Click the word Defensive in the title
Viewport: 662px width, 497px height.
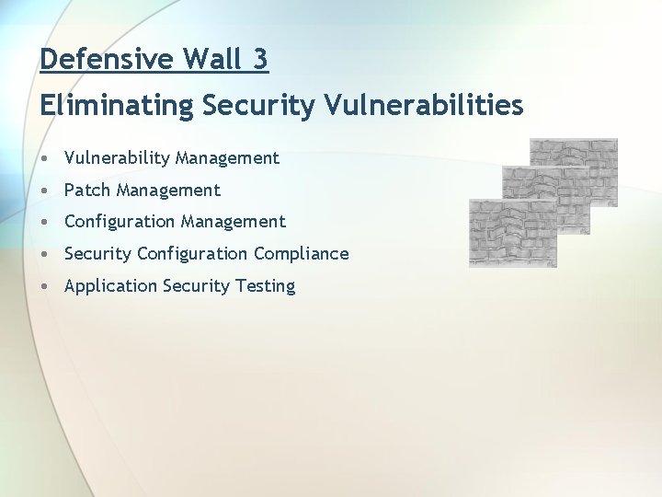coord(107,60)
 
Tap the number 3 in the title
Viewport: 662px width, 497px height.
coord(260,60)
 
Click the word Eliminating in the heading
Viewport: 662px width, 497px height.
coord(117,106)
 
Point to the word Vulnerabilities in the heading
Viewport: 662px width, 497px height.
coord(424,106)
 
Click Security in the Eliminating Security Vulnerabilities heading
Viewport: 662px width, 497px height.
coord(258,106)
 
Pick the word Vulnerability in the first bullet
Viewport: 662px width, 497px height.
coord(117,158)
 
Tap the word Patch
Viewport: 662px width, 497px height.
coord(87,191)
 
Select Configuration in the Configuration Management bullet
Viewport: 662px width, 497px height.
coord(120,222)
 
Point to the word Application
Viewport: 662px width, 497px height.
coord(110,286)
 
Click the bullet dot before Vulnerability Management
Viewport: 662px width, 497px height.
coord(45,158)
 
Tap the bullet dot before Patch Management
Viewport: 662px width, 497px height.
coord(45,191)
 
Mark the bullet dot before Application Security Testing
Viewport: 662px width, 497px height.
coord(45,286)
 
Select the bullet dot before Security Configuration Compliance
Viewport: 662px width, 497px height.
coord(45,254)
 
